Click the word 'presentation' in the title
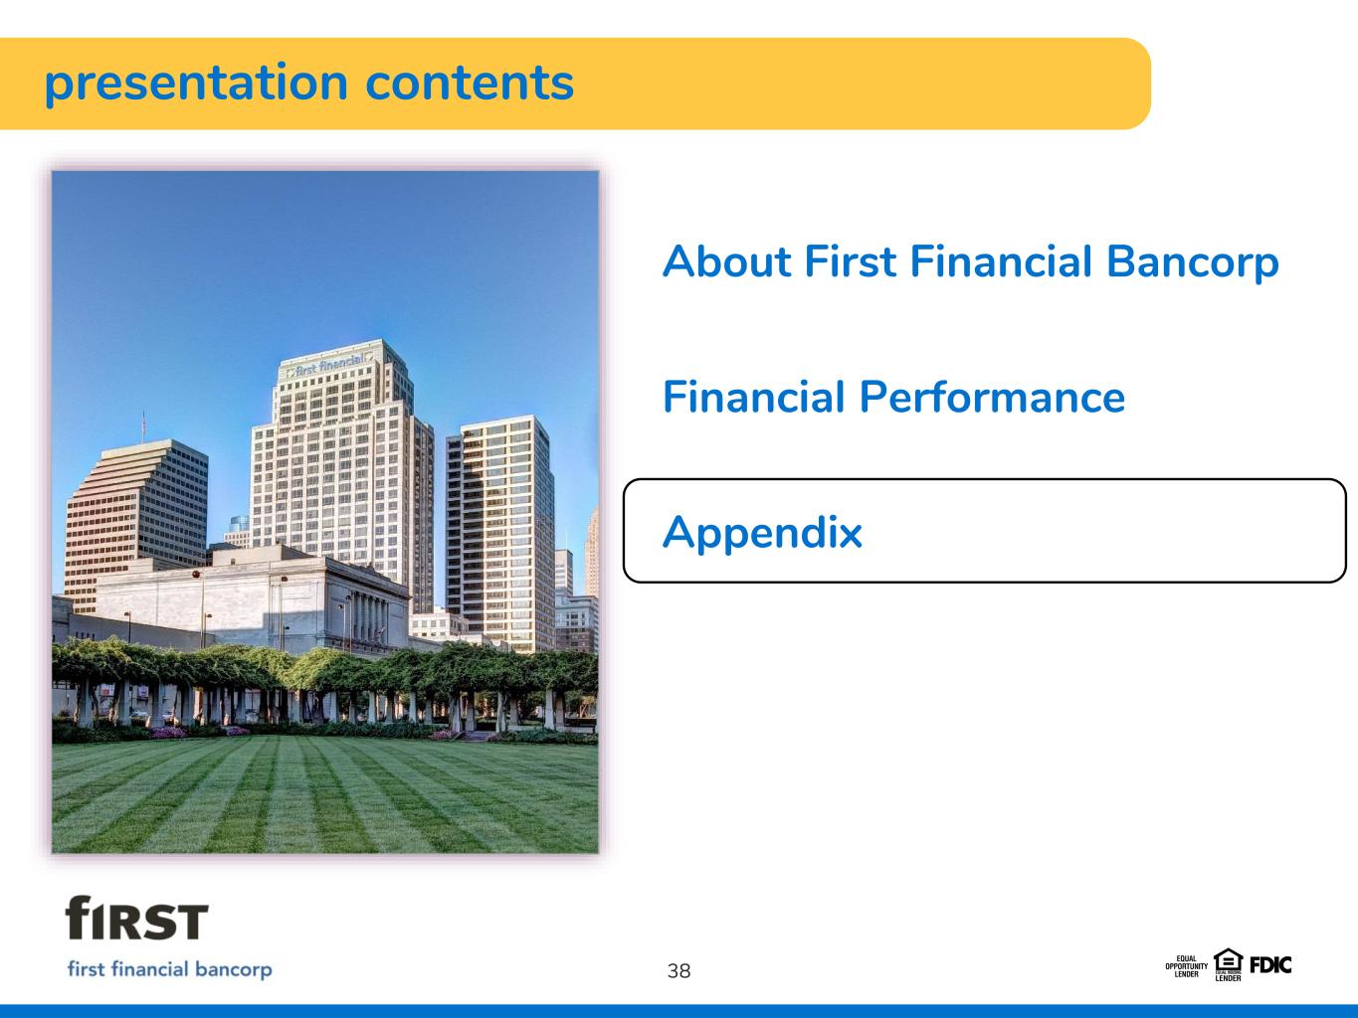(196, 85)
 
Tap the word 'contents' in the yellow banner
(470, 83)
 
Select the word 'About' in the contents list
(727, 260)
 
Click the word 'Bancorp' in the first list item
(1192, 263)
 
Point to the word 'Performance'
(992, 397)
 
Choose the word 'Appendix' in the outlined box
(762, 534)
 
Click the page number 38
(679, 971)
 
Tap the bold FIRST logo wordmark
(136, 918)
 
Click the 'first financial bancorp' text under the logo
(169, 969)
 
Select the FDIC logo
(1270, 965)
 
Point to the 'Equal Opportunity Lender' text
(1187, 966)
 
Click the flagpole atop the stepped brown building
(143, 426)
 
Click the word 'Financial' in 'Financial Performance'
(753, 397)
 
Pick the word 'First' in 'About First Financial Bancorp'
(850, 260)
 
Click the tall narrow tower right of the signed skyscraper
(499, 534)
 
